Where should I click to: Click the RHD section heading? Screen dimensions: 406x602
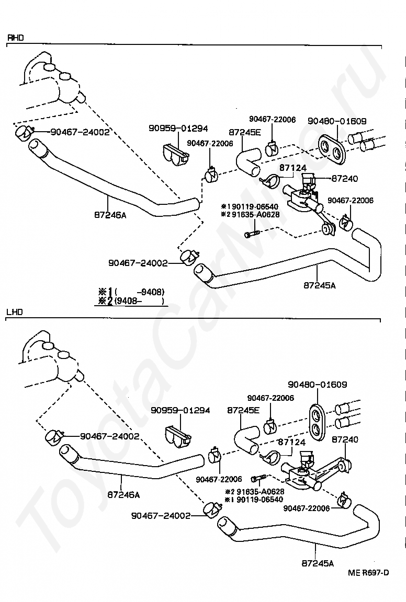(15, 38)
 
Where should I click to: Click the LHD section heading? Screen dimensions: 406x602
(15, 312)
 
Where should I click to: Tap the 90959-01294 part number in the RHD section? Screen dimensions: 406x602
(178, 128)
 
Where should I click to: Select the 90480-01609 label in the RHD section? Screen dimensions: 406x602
(337, 121)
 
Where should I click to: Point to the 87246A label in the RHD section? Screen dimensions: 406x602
(110, 215)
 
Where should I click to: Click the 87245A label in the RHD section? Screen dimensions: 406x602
(320, 285)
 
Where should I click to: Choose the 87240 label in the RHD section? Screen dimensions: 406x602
(344, 179)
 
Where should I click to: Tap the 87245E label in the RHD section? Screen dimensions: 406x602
(244, 132)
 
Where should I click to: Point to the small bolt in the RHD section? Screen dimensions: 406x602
(252, 233)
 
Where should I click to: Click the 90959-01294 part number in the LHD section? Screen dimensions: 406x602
(181, 410)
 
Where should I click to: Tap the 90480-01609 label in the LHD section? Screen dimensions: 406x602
(318, 384)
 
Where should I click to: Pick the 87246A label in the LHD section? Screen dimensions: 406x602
(124, 495)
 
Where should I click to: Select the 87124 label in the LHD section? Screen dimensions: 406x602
(291, 442)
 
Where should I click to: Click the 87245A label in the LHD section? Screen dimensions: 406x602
(318, 563)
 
